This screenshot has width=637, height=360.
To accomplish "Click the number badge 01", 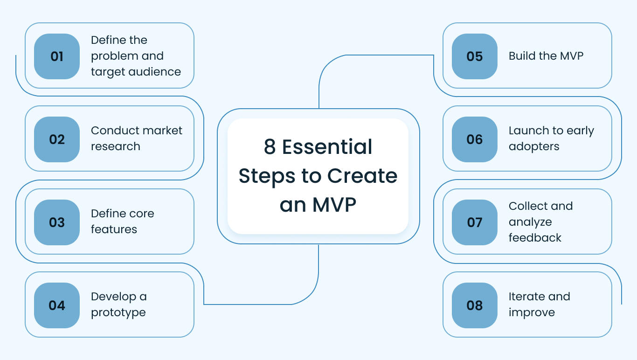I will pyautogui.click(x=57, y=56).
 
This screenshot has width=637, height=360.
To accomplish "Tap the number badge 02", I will pyautogui.click(x=57, y=139).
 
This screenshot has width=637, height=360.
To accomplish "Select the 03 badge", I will pyautogui.click(x=57, y=222).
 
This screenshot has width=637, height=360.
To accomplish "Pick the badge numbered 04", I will pyautogui.click(x=57, y=305).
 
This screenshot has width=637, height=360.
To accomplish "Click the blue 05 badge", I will pyautogui.click(x=475, y=56).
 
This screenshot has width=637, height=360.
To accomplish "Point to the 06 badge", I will pyautogui.click(x=475, y=139).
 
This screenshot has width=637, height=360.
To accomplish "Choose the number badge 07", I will pyautogui.click(x=475, y=222).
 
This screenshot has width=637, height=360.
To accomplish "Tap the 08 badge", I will pyautogui.click(x=475, y=305).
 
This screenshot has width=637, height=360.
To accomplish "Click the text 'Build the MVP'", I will pyautogui.click(x=546, y=56).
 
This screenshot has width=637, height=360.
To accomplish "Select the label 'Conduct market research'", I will pyautogui.click(x=136, y=138).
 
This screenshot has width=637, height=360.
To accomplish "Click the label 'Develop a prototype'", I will pyautogui.click(x=118, y=305).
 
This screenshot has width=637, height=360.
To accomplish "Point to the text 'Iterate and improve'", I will pyautogui.click(x=539, y=305).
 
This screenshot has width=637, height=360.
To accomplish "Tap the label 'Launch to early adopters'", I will pyautogui.click(x=551, y=138).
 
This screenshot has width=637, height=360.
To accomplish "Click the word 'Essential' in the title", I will pyautogui.click(x=327, y=147).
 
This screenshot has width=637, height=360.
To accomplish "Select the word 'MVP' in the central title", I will pyautogui.click(x=334, y=205).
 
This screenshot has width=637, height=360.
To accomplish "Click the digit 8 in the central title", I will pyautogui.click(x=270, y=147).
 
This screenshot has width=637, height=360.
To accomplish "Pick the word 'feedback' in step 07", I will pyautogui.click(x=535, y=238).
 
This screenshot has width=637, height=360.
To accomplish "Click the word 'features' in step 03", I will pyautogui.click(x=114, y=229).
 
